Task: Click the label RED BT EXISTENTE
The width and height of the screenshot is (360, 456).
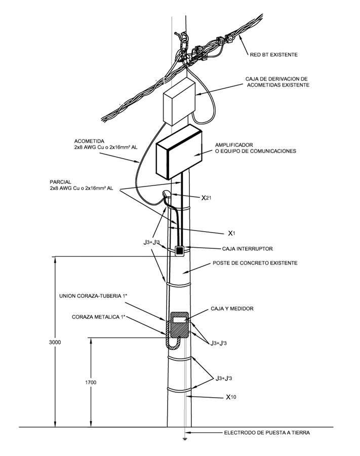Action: coord(274,55)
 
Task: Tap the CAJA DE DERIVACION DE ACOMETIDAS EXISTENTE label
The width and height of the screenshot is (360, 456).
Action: coord(277,82)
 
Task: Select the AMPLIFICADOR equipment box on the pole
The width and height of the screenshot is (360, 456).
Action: coord(179,152)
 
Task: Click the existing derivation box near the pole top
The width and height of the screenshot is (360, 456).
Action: coord(179,101)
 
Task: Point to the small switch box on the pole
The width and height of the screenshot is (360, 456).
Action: coord(180,251)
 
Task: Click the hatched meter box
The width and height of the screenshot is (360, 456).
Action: coord(179,325)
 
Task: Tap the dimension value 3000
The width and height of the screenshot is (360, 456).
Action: coord(55,343)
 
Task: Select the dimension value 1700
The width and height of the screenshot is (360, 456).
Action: coord(91,383)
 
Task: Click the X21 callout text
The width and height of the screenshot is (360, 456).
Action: coord(206,198)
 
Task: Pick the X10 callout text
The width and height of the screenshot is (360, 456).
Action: coord(231,397)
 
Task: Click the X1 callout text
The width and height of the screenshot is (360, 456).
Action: coord(231,233)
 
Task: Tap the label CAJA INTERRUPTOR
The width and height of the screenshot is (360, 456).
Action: coord(247,249)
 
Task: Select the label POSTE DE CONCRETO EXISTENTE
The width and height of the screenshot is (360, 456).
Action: coord(255,263)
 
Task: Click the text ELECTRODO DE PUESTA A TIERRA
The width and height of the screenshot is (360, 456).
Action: coord(267,433)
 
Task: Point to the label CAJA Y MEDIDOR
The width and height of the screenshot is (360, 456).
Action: coord(232,309)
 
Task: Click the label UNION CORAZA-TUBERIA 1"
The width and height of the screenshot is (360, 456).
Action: coord(93,296)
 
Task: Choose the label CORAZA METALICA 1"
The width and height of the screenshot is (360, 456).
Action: coord(99,317)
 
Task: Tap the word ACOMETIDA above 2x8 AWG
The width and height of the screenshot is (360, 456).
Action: coord(89,141)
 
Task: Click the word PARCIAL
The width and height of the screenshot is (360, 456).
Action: coord(60,182)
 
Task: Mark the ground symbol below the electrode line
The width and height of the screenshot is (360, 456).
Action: coord(184,439)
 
